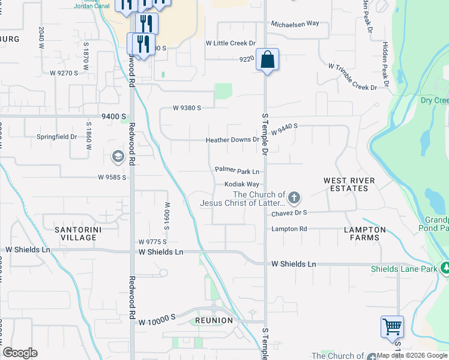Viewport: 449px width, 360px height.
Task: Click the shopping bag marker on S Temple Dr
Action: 268,60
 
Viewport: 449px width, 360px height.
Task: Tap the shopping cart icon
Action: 392,327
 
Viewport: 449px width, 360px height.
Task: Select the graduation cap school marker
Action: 118,157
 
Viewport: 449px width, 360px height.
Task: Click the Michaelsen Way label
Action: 295,23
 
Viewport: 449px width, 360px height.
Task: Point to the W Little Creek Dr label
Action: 231,43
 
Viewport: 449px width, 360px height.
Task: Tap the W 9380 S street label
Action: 186,108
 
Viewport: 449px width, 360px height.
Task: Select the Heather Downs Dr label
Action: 232,140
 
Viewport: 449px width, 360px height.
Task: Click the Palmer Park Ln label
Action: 237,171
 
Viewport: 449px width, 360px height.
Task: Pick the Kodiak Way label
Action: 242,184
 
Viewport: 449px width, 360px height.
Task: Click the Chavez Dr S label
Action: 289,212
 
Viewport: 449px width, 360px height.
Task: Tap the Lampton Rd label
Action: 289,229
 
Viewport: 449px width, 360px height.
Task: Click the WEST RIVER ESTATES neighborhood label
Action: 349,184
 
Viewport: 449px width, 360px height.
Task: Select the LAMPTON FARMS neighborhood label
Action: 365,233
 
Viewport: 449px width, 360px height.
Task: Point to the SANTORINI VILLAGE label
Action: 76,233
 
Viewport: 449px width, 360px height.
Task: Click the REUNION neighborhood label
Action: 214,320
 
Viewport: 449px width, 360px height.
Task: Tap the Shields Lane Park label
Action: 404,269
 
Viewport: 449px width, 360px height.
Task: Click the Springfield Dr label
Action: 57,137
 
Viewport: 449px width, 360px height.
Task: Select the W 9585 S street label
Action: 112,178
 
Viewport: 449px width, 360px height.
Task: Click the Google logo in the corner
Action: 20,353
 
